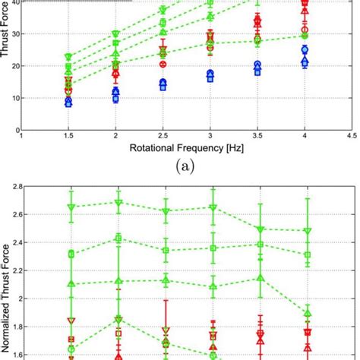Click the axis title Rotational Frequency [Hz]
pyautogui.click(x=186, y=148)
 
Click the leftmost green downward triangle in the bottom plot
pyautogui.click(x=71, y=207)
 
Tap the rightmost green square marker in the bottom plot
pyautogui.click(x=308, y=255)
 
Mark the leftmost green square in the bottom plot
pyautogui.click(x=71, y=254)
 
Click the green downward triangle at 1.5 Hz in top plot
pyautogui.click(x=68, y=57)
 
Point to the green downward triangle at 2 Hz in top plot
pyautogui.click(x=115, y=34)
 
